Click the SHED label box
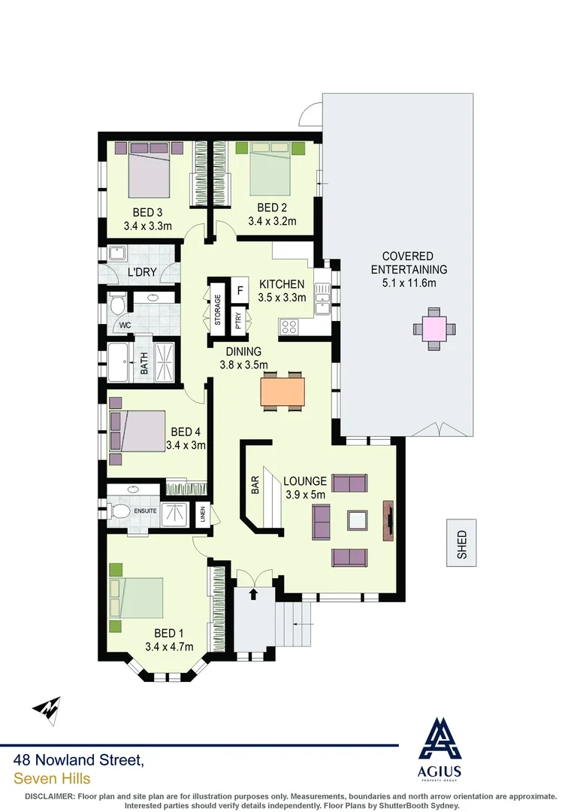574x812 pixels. [x=461, y=542]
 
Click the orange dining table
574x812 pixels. [x=282, y=390]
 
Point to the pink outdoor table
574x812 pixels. [x=434, y=329]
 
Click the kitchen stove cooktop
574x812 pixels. [x=289, y=327]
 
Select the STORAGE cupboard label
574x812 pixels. [x=217, y=310]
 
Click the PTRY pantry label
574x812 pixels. [x=239, y=320]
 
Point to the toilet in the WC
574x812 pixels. [x=116, y=305]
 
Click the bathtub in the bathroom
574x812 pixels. [x=121, y=364]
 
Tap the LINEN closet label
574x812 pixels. [x=202, y=515]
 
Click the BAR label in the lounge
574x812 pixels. [x=255, y=485]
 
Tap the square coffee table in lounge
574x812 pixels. [x=356, y=520]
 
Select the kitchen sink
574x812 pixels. [x=322, y=296]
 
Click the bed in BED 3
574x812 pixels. [x=149, y=173]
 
